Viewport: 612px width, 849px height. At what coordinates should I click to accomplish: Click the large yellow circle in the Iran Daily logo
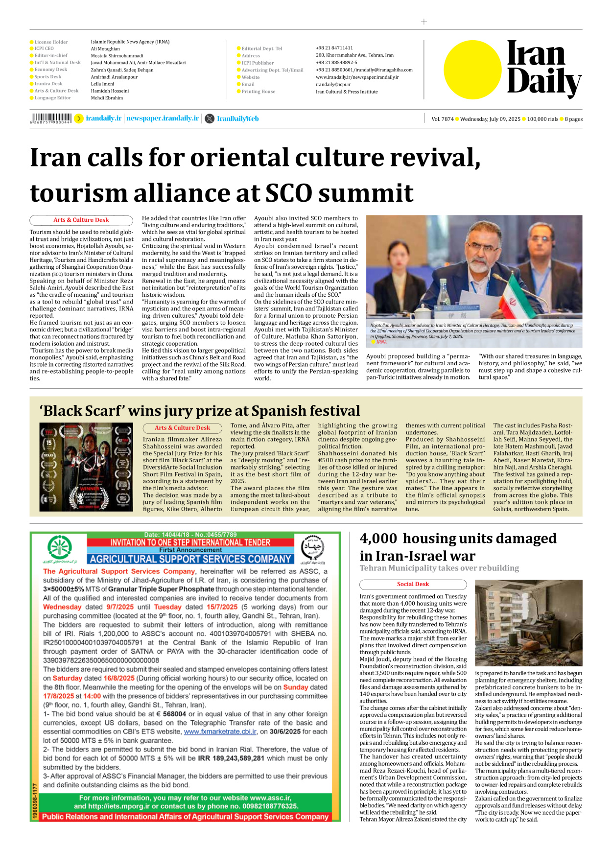472,70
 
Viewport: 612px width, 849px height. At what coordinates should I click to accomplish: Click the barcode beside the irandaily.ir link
51,118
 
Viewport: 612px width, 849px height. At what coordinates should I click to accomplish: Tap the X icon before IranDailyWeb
210,118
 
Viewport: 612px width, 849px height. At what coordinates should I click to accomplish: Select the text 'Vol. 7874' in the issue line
442,119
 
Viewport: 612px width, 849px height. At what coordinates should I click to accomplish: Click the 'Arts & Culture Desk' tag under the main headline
81,220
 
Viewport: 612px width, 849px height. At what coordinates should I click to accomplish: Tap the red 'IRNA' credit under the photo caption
381,342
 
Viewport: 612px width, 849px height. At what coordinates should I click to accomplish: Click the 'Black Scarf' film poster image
86,467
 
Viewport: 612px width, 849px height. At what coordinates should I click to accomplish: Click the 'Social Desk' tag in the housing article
413,584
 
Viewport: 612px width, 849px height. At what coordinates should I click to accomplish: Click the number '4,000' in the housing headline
378,539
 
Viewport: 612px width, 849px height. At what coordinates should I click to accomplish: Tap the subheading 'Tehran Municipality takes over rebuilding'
439,568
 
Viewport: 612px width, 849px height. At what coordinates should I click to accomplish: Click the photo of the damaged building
528,623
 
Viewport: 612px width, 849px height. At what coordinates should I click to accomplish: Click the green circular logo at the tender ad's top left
60,547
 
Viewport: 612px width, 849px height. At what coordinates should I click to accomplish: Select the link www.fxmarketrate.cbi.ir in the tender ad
220,731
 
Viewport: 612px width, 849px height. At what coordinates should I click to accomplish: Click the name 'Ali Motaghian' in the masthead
105,48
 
